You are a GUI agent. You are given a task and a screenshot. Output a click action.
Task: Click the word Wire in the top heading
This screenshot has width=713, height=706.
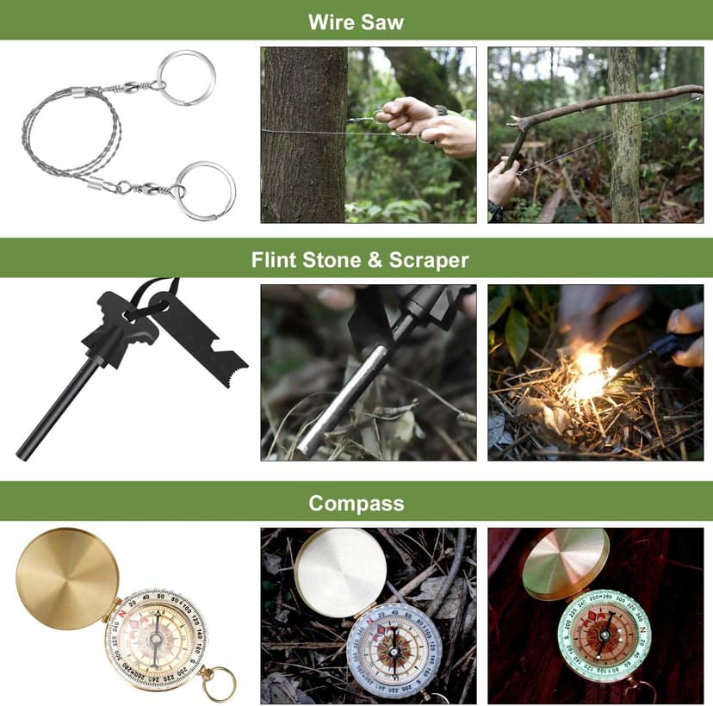(332, 22)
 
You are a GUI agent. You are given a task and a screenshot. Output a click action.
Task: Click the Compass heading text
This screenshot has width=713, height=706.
(356, 503)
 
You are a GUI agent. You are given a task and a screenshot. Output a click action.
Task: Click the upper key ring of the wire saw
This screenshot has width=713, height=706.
(185, 77)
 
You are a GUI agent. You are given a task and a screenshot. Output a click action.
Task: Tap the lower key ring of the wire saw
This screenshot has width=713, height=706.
(205, 190)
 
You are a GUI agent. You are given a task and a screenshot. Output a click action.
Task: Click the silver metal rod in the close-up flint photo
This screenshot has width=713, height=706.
(344, 396)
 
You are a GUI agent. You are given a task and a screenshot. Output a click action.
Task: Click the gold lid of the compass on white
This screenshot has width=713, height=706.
(67, 579)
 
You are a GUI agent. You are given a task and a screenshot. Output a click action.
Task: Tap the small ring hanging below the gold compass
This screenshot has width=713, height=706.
(218, 684)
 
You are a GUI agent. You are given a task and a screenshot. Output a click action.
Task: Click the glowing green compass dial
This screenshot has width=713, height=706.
(604, 635)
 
